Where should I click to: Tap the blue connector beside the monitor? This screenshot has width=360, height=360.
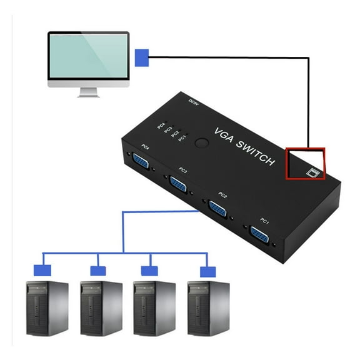point(142,58)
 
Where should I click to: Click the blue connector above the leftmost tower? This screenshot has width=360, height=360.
point(42,270)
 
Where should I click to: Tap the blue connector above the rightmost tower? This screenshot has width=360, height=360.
point(207,272)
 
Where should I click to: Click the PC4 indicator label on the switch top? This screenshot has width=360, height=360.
point(161,126)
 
